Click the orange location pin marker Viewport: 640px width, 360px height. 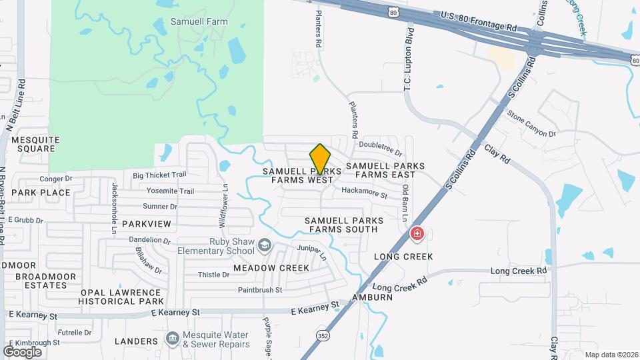coord(320,159)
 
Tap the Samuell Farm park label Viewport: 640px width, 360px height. coord(199,21)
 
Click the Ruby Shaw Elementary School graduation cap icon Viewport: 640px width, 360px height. coord(265,246)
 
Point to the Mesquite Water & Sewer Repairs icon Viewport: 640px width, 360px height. coord(173,339)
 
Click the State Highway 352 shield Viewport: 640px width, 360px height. coord(323,334)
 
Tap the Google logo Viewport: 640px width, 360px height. coord(22,351)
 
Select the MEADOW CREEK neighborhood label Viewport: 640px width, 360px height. coord(271,268)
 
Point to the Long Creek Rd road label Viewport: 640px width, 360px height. coord(518,271)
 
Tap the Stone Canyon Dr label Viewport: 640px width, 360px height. coord(531,124)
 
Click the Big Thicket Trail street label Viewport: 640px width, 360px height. coord(159,175)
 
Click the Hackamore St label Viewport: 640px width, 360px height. coord(364,194)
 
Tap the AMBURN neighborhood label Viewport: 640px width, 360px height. coord(373,297)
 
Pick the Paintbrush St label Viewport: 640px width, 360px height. coord(260,290)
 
